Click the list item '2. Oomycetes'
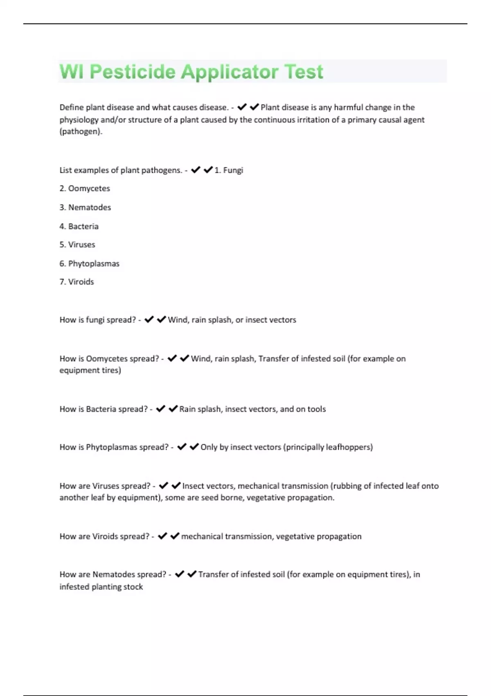(85, 188)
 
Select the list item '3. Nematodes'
(85, 207)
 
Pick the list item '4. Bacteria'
(79, 226)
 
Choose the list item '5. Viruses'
(77, 244)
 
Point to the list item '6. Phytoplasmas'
(89, 263)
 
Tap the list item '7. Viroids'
(77, 282)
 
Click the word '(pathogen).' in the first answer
(81, 131)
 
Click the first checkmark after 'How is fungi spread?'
(149, 319)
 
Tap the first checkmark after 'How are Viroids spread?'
(162, 536)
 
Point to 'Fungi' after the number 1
(233, 170)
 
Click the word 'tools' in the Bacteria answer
(316, 409)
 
